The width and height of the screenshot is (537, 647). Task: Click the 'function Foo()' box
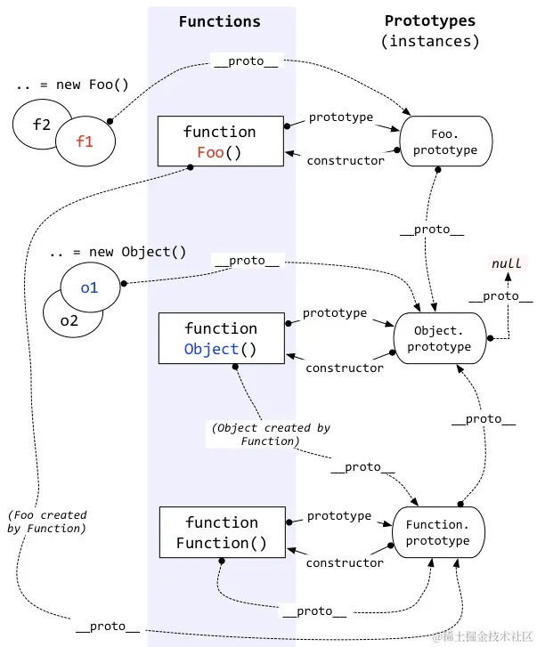pyautogui.click(x=220, y=142)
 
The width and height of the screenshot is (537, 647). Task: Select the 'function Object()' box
pyautogui.click(x=220, y=338)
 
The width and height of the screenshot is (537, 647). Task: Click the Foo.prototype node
pyautogui.click(x=444, y=142)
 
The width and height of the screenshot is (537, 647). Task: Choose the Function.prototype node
pyautogui.click(x=437, y=532)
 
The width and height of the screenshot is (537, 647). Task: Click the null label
pyautogui.click(x=507, y=264)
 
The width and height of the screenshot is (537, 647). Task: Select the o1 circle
pyautogui.click(x=90, y=288)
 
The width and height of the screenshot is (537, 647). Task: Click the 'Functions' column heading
pyautogui.click(x=220, y=21)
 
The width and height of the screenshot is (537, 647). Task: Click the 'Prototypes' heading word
pyautogui.click(x=430, y=20)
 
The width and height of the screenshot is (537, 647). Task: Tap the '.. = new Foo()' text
pyautogui.click(x=72, y=85)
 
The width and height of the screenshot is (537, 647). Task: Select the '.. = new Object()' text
pyautogui.click(x=118, y=252)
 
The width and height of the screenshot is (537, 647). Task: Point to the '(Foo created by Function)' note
pyautogui.click(x=46, y=522)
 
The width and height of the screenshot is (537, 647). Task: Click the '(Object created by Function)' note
pyautogui.click(x=271, y=434)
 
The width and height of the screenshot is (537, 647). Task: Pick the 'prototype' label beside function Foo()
pyautogui.click(x=340, y=117)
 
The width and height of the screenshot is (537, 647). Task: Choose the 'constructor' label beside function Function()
pyautogui.click(x=345, y=562)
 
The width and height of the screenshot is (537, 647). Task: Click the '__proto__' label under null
pyautogui.click(x=500, y=296)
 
